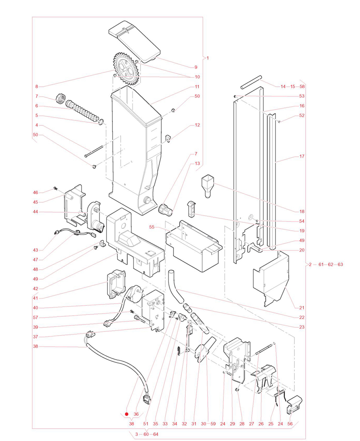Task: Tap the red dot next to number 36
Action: (127, 414)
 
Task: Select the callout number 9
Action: (196, 67)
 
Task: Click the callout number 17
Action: (302, 156)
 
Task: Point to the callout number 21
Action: (302, 307)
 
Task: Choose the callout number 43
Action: (36, 250)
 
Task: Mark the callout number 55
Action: (152, 227)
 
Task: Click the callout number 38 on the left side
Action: (36, 346)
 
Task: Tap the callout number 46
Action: (36, 192)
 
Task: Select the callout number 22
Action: (302, 317)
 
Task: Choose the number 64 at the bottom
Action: (156, 434)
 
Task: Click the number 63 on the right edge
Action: (340, 264)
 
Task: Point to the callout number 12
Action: (197, 124)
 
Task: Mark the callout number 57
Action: (36, 317)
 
